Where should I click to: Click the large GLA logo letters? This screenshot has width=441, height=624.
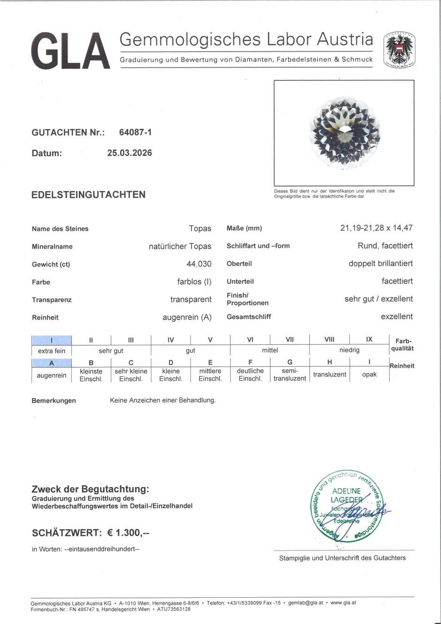[x=70, y=51]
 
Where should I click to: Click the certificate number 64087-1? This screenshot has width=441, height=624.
[x=135, y=132]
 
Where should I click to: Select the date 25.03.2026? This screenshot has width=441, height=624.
[x=129, y=153]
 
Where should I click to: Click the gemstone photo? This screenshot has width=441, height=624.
[x=343, y=133]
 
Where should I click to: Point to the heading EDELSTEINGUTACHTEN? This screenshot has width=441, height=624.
[x=88, y=195]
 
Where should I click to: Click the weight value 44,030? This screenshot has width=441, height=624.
[x=198, y=264]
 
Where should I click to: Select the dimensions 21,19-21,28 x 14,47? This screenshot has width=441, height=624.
[x=376, y=228]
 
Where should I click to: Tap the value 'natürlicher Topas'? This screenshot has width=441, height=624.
[x=180, y=246]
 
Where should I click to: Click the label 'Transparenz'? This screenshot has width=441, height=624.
[x=52, y=300]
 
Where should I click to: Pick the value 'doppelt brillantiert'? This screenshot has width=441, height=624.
[x=380, y=264]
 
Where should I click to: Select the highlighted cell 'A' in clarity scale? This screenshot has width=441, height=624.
[x=52, y=363]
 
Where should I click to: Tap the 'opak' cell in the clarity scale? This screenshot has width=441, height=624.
[x=369, y=374]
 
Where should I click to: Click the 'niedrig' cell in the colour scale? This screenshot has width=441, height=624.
[x=349, y=350]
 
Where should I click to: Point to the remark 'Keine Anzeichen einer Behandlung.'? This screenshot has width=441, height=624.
[x=163, y=400]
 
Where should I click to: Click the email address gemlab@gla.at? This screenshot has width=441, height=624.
[x=305, y=603]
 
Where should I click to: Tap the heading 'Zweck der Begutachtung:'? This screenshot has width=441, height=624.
[x=90, y=489]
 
